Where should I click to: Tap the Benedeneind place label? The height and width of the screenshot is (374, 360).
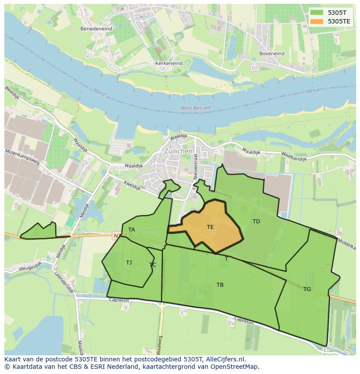(96, 29)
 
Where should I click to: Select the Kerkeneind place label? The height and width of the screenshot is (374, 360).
(169, 63)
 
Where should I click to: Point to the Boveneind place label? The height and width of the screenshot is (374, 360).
(272, 54)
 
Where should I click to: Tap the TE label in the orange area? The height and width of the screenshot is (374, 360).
(210, 227)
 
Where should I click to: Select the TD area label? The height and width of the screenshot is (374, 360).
(256, 222)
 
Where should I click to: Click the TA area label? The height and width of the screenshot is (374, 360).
(131, 229)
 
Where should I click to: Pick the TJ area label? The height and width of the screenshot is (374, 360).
(129, 262)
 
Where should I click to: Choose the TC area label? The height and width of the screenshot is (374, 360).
(153, 265)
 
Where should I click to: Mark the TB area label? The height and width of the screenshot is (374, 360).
(220, 285)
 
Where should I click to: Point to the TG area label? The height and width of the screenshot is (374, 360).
(307, 289)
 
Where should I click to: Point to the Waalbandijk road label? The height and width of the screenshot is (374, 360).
(294, 156)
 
